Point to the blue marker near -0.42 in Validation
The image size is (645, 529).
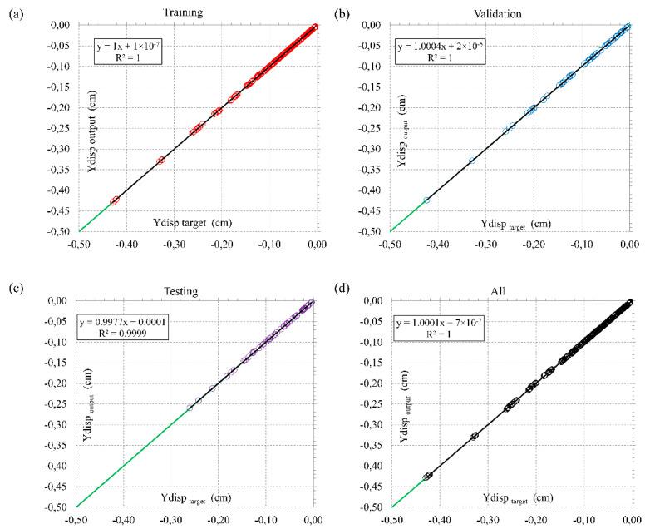427,200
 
